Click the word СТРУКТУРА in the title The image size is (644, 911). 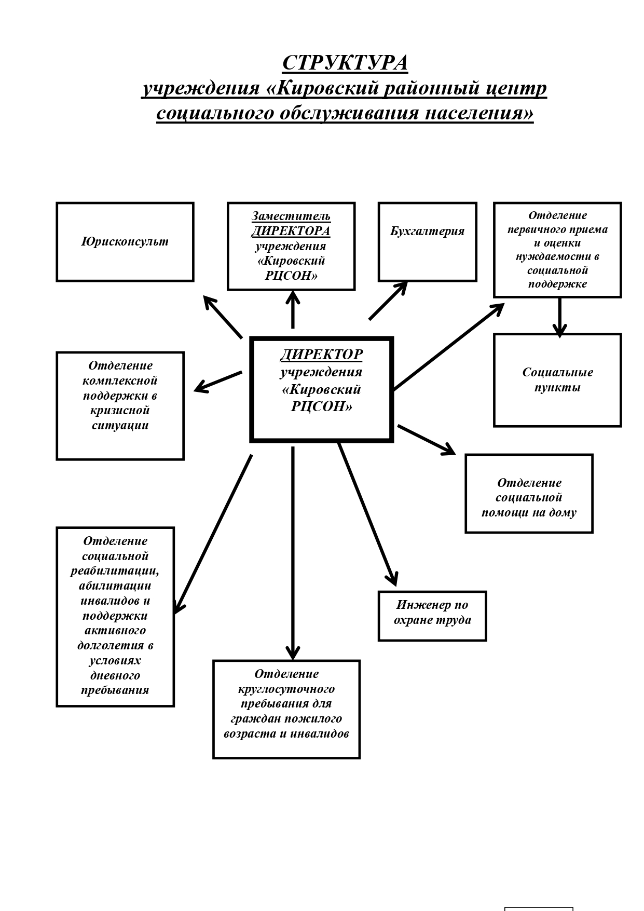coord(345,63)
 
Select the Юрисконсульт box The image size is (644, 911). coord(125,242)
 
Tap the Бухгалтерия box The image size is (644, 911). coord(428,242)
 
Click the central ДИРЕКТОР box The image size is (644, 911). coord(322,390)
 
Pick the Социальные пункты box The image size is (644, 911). coord(557,380)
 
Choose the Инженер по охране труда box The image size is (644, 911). coord(432,616)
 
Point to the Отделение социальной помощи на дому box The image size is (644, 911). coord(529,494)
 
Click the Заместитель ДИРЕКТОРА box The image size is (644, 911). coord(291,246)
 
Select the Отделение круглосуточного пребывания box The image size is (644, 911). coord(286,710)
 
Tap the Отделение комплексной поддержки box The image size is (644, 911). coord(120,406)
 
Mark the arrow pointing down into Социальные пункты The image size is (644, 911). coord(559,317)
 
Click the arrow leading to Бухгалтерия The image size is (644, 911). coord(388,301)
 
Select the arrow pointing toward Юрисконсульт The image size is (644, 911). coord(223,317)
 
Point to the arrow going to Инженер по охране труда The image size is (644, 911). coord(368,514)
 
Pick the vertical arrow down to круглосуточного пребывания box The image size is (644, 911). coord(293,553)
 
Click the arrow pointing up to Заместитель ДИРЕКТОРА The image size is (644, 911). coord(293,309)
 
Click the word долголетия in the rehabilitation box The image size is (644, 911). coord(115,646)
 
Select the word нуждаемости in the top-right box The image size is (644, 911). coord(557,256)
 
